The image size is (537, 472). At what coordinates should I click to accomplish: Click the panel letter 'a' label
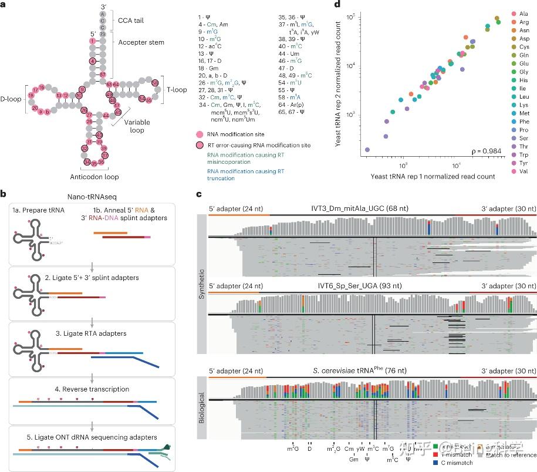click(x=4, y=5)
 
